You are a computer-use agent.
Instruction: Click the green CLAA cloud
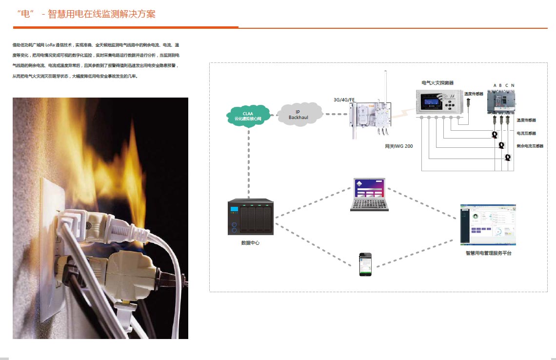(248, 116)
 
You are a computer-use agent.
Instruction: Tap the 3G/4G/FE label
(344, 100)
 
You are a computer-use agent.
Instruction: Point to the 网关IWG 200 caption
(398, 146)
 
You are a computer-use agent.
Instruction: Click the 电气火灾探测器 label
(437, 83)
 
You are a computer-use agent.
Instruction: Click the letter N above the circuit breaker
(513, 85)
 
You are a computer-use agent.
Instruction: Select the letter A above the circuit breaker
(495, 85)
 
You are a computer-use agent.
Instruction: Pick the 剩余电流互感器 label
(530, 146)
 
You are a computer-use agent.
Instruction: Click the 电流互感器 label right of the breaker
(526, 133)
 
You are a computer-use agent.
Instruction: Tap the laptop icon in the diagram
(369, 194)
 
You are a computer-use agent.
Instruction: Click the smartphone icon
(365, 264)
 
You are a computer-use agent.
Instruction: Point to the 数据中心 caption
(250, 242)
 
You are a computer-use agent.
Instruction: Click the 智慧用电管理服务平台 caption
(489, 253)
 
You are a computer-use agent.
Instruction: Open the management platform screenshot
(488, 225)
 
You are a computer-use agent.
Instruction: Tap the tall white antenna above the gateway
(385, 86)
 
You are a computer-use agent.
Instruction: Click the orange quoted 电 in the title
(24, 14)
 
